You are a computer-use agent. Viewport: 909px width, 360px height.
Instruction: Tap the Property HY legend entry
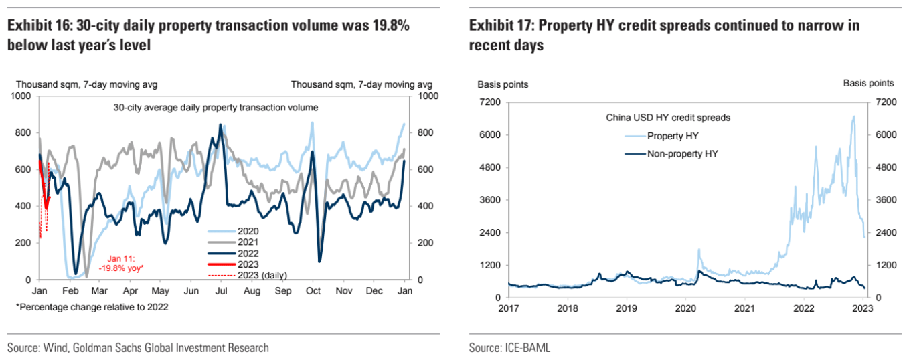(673, 136)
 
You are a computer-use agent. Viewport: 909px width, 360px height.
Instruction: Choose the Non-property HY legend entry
(682, 153)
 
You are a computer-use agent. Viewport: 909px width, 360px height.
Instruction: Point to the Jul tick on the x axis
(221, 292)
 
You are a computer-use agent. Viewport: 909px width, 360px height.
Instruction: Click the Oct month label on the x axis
(313, 292)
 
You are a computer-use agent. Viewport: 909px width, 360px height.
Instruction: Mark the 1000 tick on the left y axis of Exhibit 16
(22, 96)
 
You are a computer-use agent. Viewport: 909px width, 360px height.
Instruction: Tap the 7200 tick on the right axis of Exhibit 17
(882, 102)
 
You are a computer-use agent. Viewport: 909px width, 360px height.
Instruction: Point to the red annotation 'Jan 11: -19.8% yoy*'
(126, 263)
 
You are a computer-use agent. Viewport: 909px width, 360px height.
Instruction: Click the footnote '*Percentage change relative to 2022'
(92, 307)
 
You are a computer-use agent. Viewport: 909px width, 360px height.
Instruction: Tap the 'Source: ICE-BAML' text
(504, 348)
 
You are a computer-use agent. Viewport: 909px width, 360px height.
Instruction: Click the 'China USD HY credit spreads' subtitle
(667, 118)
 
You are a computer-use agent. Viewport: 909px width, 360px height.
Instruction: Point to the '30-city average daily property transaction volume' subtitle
(216, 107)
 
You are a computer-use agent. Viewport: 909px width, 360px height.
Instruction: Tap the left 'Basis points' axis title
(502, 84)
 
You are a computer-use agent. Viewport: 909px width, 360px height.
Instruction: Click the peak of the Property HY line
(853, 116)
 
